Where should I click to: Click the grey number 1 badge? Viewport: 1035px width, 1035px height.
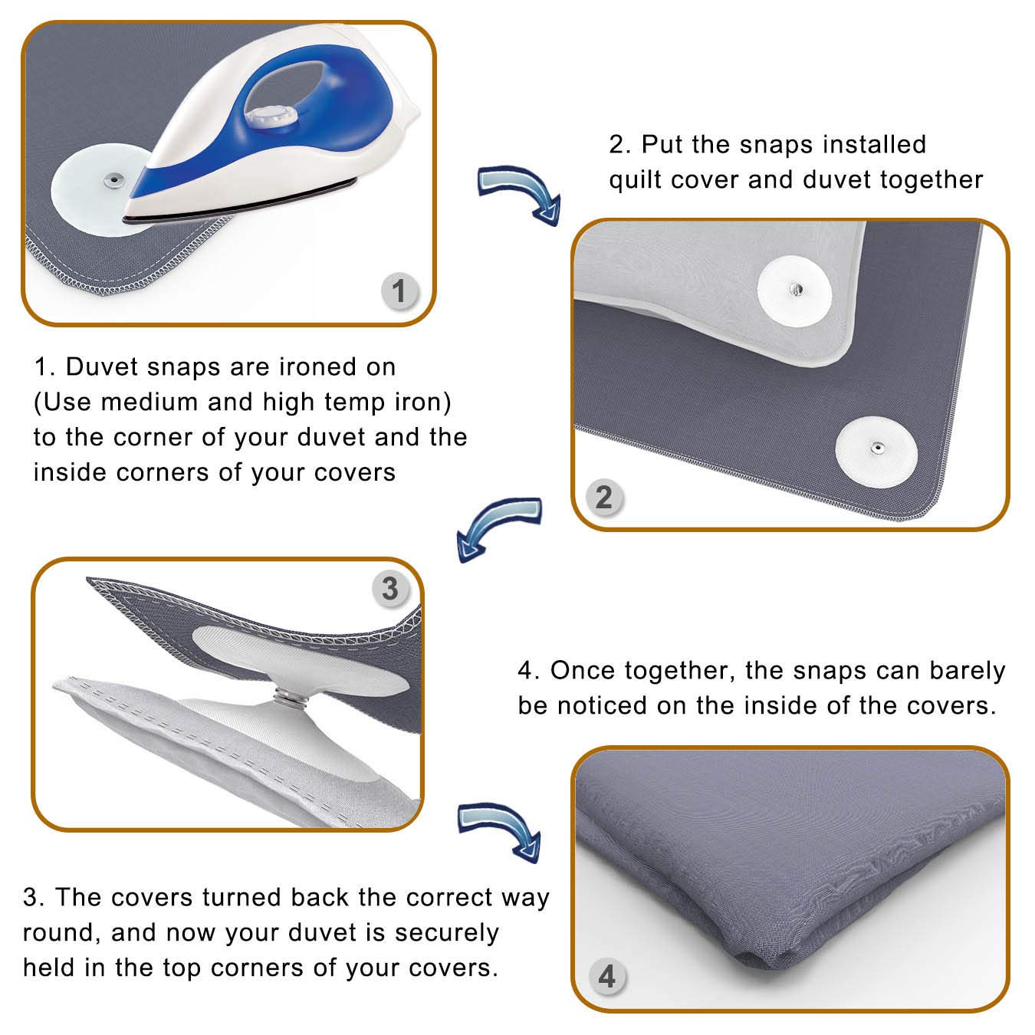(x=399, y=291)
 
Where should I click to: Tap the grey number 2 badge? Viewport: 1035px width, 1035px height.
(x=604, y=498)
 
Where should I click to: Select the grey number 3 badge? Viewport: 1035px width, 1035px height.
(x=390, y=589)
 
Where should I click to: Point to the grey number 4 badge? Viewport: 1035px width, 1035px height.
(x=607, y=976)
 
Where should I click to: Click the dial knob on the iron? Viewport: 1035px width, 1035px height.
(x=271, y=117)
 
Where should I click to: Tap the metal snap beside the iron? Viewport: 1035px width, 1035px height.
(x=114, y=179)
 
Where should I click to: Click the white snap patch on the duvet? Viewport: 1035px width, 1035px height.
(x=794, y=291)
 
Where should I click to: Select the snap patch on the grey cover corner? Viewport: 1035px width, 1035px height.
(x=876, y=452)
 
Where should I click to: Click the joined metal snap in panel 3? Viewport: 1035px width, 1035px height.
(x=287, y=698)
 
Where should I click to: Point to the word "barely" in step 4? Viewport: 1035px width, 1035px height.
(x=968, y=672)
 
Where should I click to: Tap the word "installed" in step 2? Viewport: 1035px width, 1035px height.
(x=875, y=144)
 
